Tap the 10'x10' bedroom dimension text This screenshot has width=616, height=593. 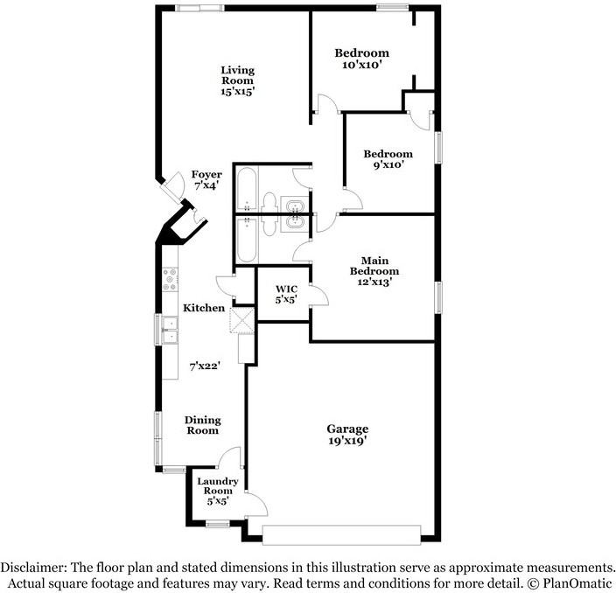(x=362, y=65)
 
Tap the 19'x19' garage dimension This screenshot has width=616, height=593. (x=347, y=441)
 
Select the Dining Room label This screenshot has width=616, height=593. (x=202, y=425)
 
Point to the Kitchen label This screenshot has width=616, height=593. (x=204, y=308)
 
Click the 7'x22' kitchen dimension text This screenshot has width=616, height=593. (x=204, y=366)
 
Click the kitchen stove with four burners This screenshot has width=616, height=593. (x=170, y=278)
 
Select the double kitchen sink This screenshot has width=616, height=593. (x=170, y=331)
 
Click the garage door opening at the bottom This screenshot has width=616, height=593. (x=341, y=534)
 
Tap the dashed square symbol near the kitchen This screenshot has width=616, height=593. (x=241, y=321)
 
